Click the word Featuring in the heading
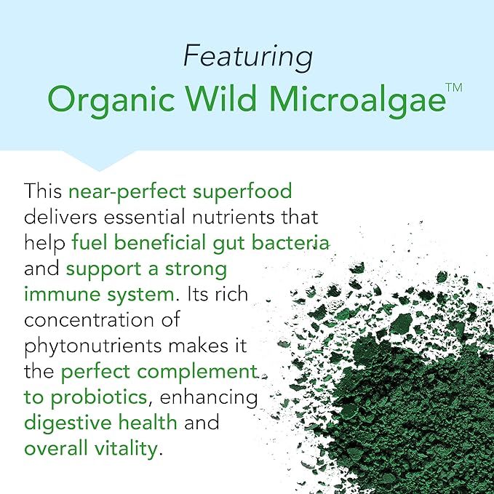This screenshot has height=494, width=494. coord(248,57)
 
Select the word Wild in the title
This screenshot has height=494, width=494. coord(221,97)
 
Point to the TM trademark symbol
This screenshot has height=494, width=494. coord(454,87)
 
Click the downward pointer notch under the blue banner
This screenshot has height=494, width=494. coord(99,161)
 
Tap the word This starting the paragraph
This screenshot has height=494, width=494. coord(43,191)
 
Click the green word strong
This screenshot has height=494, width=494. coord(196,271)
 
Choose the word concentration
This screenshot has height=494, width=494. coord(88,320)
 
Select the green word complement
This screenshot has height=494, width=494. coord(197,373)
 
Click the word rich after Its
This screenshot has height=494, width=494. coord(231,294)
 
